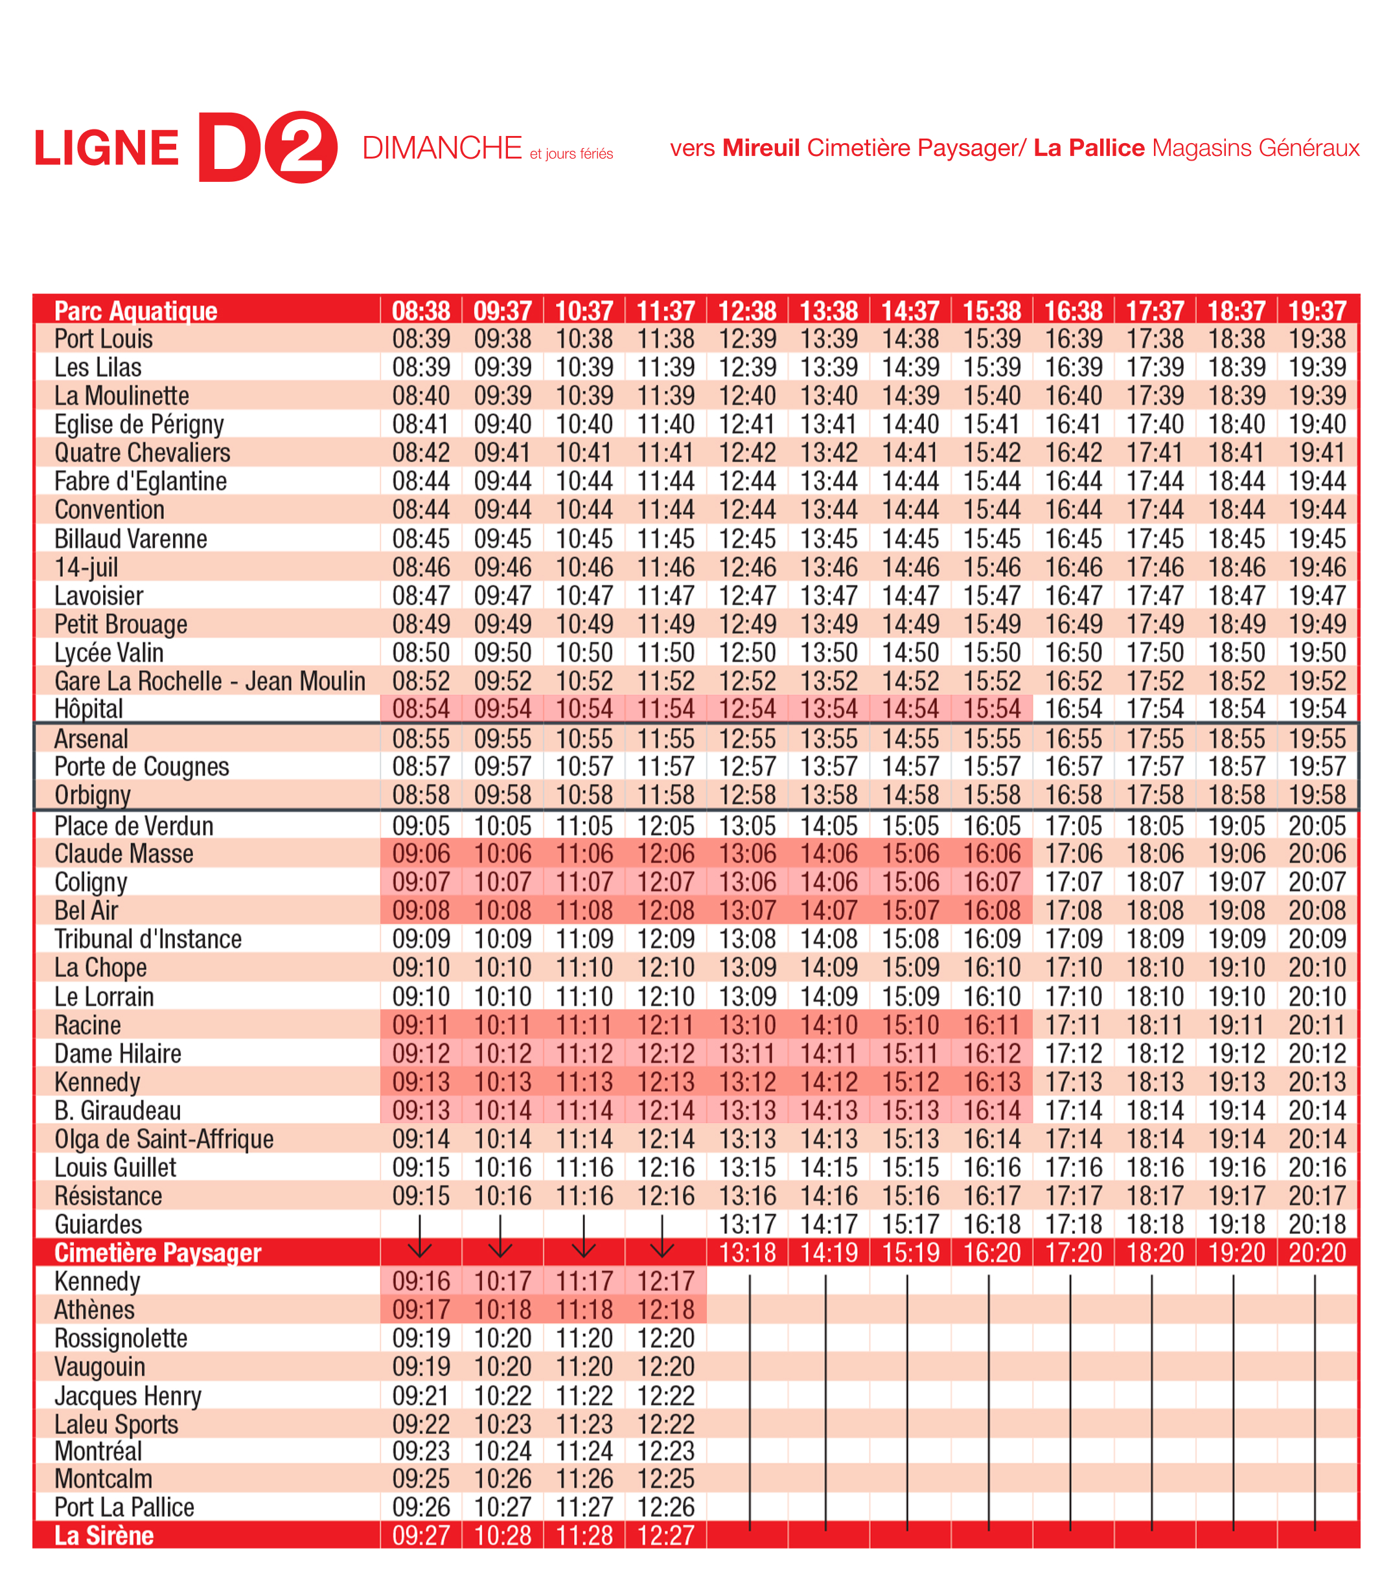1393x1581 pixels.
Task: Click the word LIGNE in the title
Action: click(x=107, y=148)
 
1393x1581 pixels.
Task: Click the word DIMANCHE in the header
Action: click(x=442, y=148)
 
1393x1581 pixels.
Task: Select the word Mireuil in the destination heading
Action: click(x=761, y=148)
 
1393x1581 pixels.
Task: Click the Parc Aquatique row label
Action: click(x=135, y=311)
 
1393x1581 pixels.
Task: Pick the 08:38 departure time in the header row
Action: click(x=421, y=311)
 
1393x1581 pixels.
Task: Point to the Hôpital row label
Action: click(x=88, y=708)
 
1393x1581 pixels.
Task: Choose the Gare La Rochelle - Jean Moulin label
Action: click(x=210, y=680)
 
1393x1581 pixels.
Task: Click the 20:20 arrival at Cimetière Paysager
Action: click(x=1317, y=1252)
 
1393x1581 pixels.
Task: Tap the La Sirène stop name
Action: click(x=104, y=1536)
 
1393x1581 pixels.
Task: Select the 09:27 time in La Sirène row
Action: click(x=421, y=1536)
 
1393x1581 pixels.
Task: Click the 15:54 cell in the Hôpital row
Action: click(x=991, y=708)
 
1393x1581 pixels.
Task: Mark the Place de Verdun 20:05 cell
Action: click(x=1317, y=825)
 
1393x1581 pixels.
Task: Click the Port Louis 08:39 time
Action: click(x=421, y=339)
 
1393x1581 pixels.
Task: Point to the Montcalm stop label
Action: click(x=103, y=1479)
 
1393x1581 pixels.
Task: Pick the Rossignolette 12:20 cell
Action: click(x=665, y=1338)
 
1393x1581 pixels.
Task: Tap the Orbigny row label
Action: click(x=92, y=795)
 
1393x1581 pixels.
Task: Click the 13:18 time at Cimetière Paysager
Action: click(x=747, y=1252)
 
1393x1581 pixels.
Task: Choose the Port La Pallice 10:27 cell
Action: click(x=503, y=1507)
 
